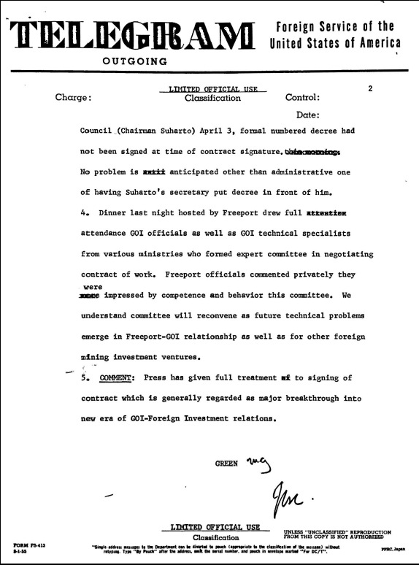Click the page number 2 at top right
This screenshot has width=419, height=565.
370,89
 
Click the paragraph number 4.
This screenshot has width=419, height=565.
82,214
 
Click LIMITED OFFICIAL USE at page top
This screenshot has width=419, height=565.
212,88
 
